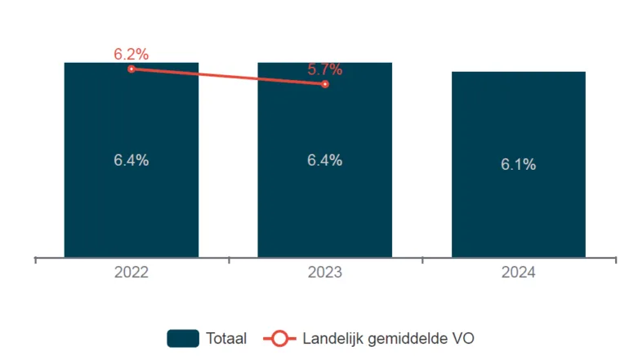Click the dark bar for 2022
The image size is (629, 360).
click(x=131, y=204)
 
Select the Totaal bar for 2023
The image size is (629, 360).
click(x=324, y=204)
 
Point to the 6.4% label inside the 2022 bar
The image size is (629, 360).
click(x=131, y=161)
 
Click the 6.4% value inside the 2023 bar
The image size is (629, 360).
click(x=324, y=161)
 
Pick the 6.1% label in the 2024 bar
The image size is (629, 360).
click(x=518, y=165)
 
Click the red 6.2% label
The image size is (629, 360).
click(x=131, y=55)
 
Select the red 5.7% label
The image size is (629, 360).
click(x=324, y=70)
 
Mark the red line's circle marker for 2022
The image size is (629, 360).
click(x=131, y=69)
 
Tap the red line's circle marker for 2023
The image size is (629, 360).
click(x=325, y=84)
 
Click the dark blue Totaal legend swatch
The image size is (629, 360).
click(x=183, y=338)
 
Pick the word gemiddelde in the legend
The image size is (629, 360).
click(x=403, y=338)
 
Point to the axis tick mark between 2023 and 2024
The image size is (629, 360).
click(x=422, y=260)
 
